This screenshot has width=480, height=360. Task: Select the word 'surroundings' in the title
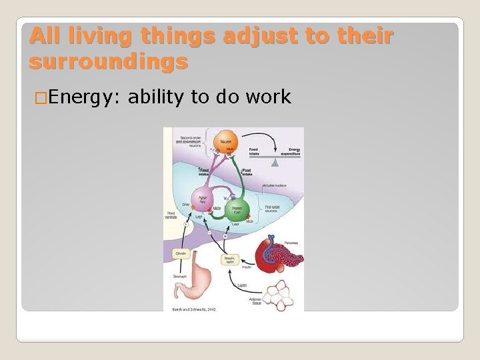click(109, 62)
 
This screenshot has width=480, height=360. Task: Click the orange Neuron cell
click(224, 141)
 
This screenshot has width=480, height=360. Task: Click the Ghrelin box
click(181, 253)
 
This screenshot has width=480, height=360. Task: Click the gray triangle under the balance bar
click(274, 162)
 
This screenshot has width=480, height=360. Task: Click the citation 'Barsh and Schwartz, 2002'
click(193, 309)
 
